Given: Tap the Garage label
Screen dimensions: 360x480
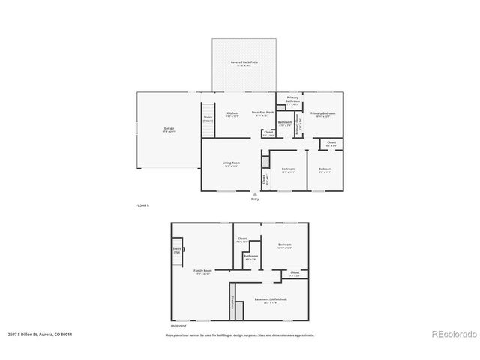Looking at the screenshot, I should (x=169, y=129).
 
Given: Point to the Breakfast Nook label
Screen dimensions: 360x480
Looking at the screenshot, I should (x=262, y=113).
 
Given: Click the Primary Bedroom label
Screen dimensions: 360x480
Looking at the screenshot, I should (x=325, y=113).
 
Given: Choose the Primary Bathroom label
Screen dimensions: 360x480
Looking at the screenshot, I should (x=292, y=99).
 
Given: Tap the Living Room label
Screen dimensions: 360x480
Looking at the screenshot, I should (x=230, y=163).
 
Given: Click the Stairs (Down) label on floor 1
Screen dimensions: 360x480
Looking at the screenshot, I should (x=208, y=118).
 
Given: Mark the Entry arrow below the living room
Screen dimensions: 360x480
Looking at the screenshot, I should (x=253, y=193).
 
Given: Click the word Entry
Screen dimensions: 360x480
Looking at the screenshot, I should (x=253, y=199).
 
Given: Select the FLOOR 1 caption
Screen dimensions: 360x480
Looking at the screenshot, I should (x=142, y=205).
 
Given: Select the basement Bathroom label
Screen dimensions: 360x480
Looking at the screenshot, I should (x=250, y=256).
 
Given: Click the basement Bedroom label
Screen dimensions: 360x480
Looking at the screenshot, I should (x=284, y=245).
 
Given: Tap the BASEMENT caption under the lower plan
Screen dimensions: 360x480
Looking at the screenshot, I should (x=178, y=326).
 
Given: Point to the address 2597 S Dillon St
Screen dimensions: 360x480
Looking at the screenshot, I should (x=40, y=334).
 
